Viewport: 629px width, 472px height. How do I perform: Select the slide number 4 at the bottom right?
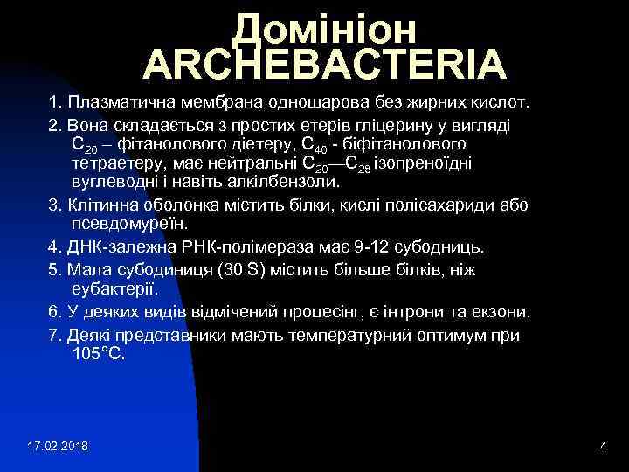(x=603, y=448)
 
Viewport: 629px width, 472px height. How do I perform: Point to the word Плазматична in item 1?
(x=120, y=104)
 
